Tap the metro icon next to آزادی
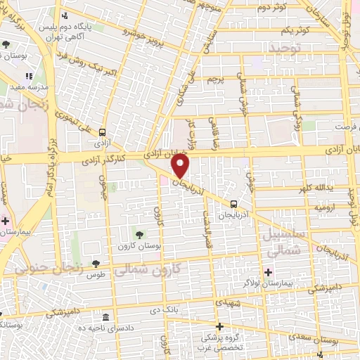click(x=103, y=131)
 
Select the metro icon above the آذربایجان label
click(x=233, y=204)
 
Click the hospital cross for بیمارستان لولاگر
click(x=267, y=272)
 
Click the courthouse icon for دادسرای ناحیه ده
click(x=105, y=317)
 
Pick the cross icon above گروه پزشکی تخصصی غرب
click(x=220, y=326)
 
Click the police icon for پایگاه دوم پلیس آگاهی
click(x=65, y=15)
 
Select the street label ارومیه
click(x=328, y=207)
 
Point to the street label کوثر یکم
click(x=294, y=32)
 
